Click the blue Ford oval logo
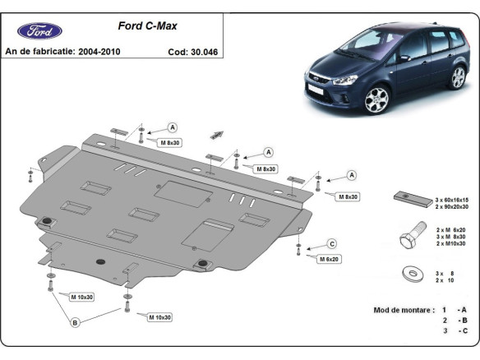coord(39,31)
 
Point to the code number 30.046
coord(204,51)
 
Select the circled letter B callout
coord(75,323)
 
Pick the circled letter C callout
coord(332,243)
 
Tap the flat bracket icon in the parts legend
coord(408,196)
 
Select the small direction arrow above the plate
coord(219,133)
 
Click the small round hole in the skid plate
coord(100,262)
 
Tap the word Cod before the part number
coord(178,51)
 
